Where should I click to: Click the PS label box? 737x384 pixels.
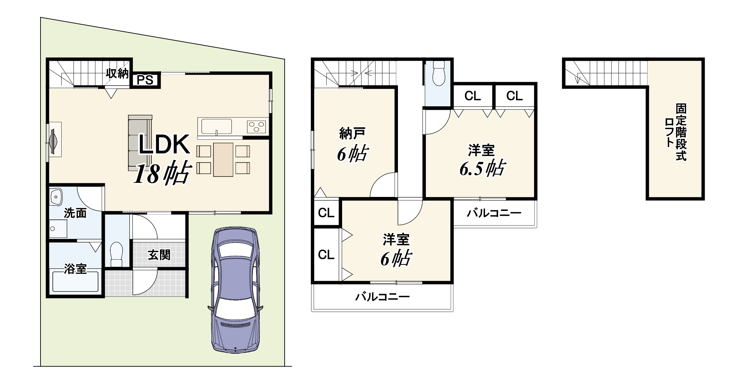click(145, 80)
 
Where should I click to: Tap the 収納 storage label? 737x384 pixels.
click(117, 73)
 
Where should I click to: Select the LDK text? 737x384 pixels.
click(164, 145)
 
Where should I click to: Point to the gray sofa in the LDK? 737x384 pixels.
click(140, 143)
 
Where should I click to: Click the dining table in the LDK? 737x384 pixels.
click(223, 160)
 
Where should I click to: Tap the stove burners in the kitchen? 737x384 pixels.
click(257, 127)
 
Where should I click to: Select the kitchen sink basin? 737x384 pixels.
click(217, 126)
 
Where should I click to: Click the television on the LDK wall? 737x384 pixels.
click(53, 139)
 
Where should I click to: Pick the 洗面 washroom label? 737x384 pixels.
click(75, 213)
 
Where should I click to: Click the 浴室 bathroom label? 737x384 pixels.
click(75, 269)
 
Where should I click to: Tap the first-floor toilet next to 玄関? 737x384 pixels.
click(116, 254)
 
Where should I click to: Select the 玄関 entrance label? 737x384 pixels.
click(159, 255)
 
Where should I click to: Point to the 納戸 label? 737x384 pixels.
click(352, 133)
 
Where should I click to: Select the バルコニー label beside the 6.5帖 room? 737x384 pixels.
click(494, 214)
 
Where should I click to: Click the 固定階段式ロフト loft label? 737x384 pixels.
click(676, 132)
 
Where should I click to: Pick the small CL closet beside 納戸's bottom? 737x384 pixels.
click(326, 213)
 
